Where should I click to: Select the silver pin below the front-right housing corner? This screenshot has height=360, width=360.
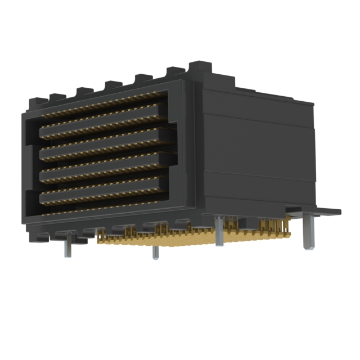[218, 231]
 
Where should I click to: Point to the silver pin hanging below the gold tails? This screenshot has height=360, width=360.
[155, 253]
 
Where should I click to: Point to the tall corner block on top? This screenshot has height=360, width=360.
[200, 71]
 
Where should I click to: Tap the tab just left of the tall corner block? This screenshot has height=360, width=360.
[175, 72]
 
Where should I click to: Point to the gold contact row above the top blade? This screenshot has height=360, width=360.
[104, 108]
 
